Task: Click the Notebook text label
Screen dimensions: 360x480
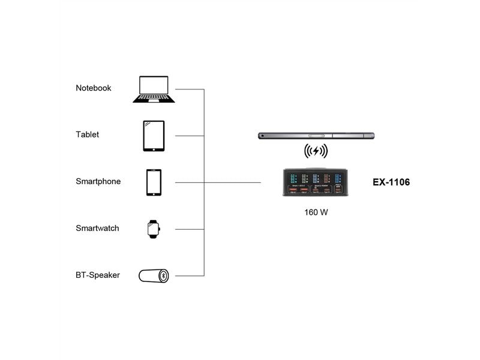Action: point(94,88)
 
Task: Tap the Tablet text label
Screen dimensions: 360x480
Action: point(88,135)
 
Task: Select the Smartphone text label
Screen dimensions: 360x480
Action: point(98,181)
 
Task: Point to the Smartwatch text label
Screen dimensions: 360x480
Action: point(97,229)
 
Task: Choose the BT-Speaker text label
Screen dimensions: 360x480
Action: point(98,275)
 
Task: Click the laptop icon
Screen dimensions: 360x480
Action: point(154,89)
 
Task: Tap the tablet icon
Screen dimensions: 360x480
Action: point(154,136)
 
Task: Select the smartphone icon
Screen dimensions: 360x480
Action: point(154,182)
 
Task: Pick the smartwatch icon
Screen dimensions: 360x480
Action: point(154,229)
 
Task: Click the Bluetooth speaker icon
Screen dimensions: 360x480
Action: point(154,276)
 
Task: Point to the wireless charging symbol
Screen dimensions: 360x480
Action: point(316,151)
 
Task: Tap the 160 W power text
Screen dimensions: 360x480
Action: point(316,212)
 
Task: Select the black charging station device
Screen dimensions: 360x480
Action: point(316,182)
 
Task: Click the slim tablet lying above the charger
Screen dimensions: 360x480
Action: point(316,136)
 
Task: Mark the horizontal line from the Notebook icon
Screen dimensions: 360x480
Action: point(190,89)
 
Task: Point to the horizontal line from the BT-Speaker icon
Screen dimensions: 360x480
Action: point(190,276)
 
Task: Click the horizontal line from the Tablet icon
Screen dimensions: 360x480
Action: point(190,136)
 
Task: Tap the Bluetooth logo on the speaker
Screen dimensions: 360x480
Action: point(163,276)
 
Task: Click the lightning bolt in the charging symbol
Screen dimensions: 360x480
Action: point(316,151)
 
